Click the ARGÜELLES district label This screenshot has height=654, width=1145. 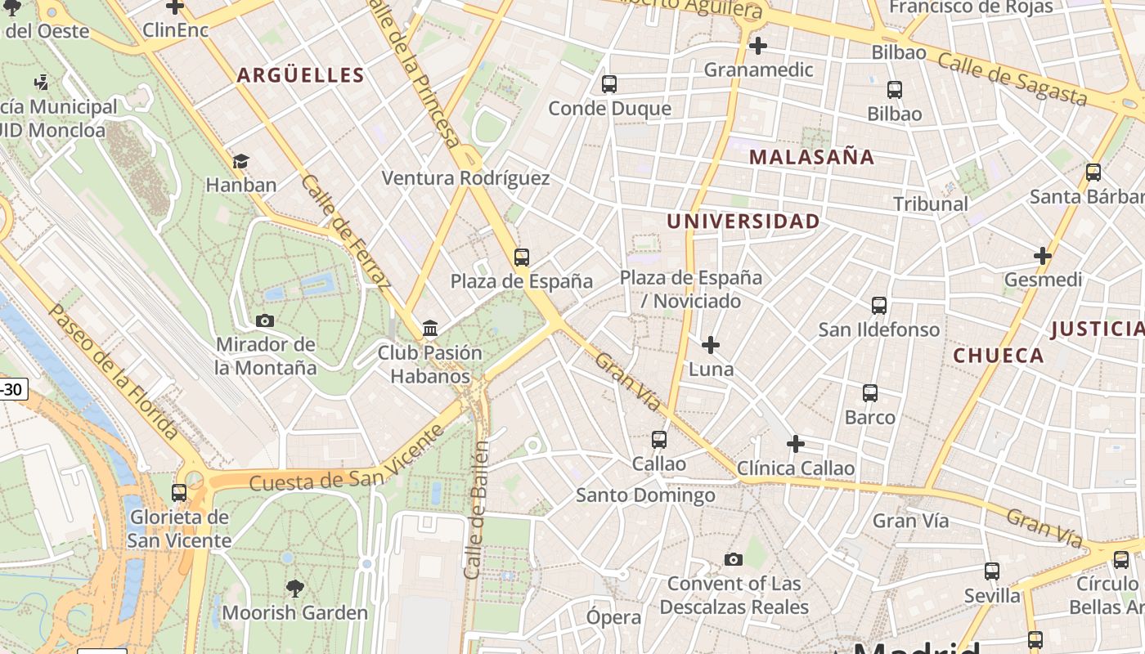point(300,75)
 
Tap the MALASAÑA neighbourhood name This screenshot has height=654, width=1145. point(811,157)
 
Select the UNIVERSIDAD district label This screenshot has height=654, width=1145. point(743,222)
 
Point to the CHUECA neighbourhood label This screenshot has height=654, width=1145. point(998,356)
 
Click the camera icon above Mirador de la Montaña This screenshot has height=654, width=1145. point(265,320)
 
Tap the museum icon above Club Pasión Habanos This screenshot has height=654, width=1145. point(430,329)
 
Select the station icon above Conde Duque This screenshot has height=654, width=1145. point(608,83)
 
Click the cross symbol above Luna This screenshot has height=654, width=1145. point(711,345)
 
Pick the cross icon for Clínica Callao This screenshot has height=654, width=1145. point(795,444)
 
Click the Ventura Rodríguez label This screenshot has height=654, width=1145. point(465,178)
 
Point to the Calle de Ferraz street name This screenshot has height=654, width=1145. point(344,231)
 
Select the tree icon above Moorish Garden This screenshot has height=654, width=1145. point(294,588)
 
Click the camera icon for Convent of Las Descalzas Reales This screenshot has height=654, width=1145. point(734,560)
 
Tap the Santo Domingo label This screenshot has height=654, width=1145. point(645,495)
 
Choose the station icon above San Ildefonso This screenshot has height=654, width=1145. point(879,306)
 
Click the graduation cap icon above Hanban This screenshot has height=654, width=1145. point(240,161)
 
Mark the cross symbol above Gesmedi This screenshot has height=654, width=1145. point(1043,256)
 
